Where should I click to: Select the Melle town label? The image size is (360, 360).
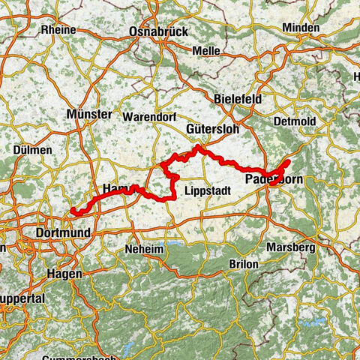tap(206, 50)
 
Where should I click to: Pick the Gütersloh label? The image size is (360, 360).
tap(212, 129)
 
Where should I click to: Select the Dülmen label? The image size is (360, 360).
tap(32, 150)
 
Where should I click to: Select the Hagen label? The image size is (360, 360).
tap(64, 274)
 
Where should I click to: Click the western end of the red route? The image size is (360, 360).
tap(72, 213)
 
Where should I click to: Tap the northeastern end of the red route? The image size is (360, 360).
tap(289, 162)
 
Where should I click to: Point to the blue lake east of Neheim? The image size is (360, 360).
tap(178, 244)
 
